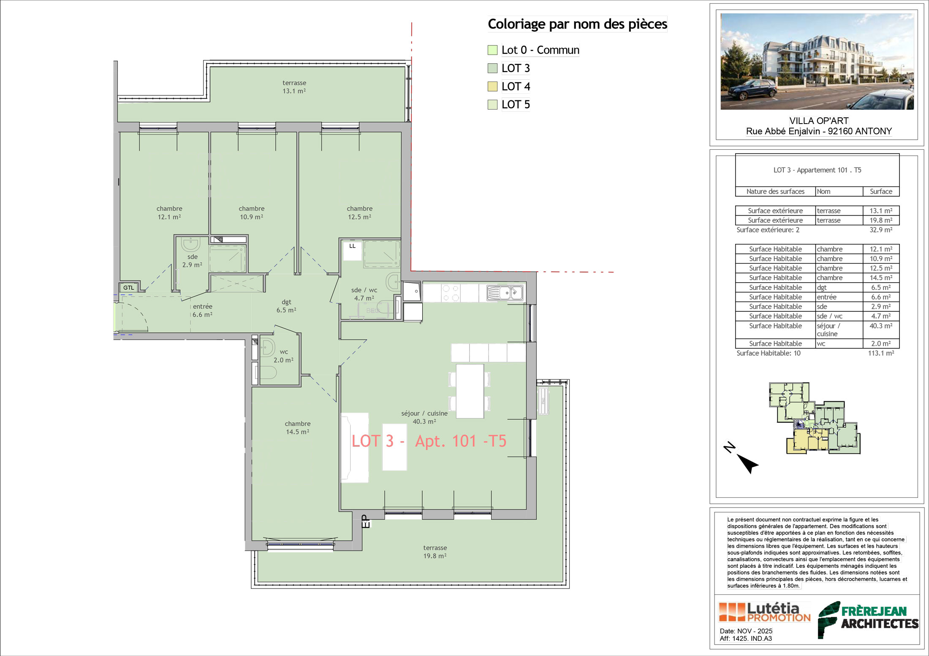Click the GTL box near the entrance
[x=129, y=288]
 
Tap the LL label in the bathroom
[x=353, y=246]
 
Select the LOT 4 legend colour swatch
[x=492, y=86]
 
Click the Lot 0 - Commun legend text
[x=541, y=50]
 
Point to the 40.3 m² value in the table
[x=881, y=326]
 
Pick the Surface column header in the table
[x=881, y=192]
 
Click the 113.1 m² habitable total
[x=881, y=353]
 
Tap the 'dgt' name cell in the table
[x=822, y=287]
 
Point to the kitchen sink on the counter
[x=505, y=293]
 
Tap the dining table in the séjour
[x=470, y=391]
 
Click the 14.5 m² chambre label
[x=298, y=428]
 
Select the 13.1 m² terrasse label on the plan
[x=294, y=87]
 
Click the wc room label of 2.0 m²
[x=283, y=356]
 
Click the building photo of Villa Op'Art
[x=817, y=62]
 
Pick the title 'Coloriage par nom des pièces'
[x=578, y=24]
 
